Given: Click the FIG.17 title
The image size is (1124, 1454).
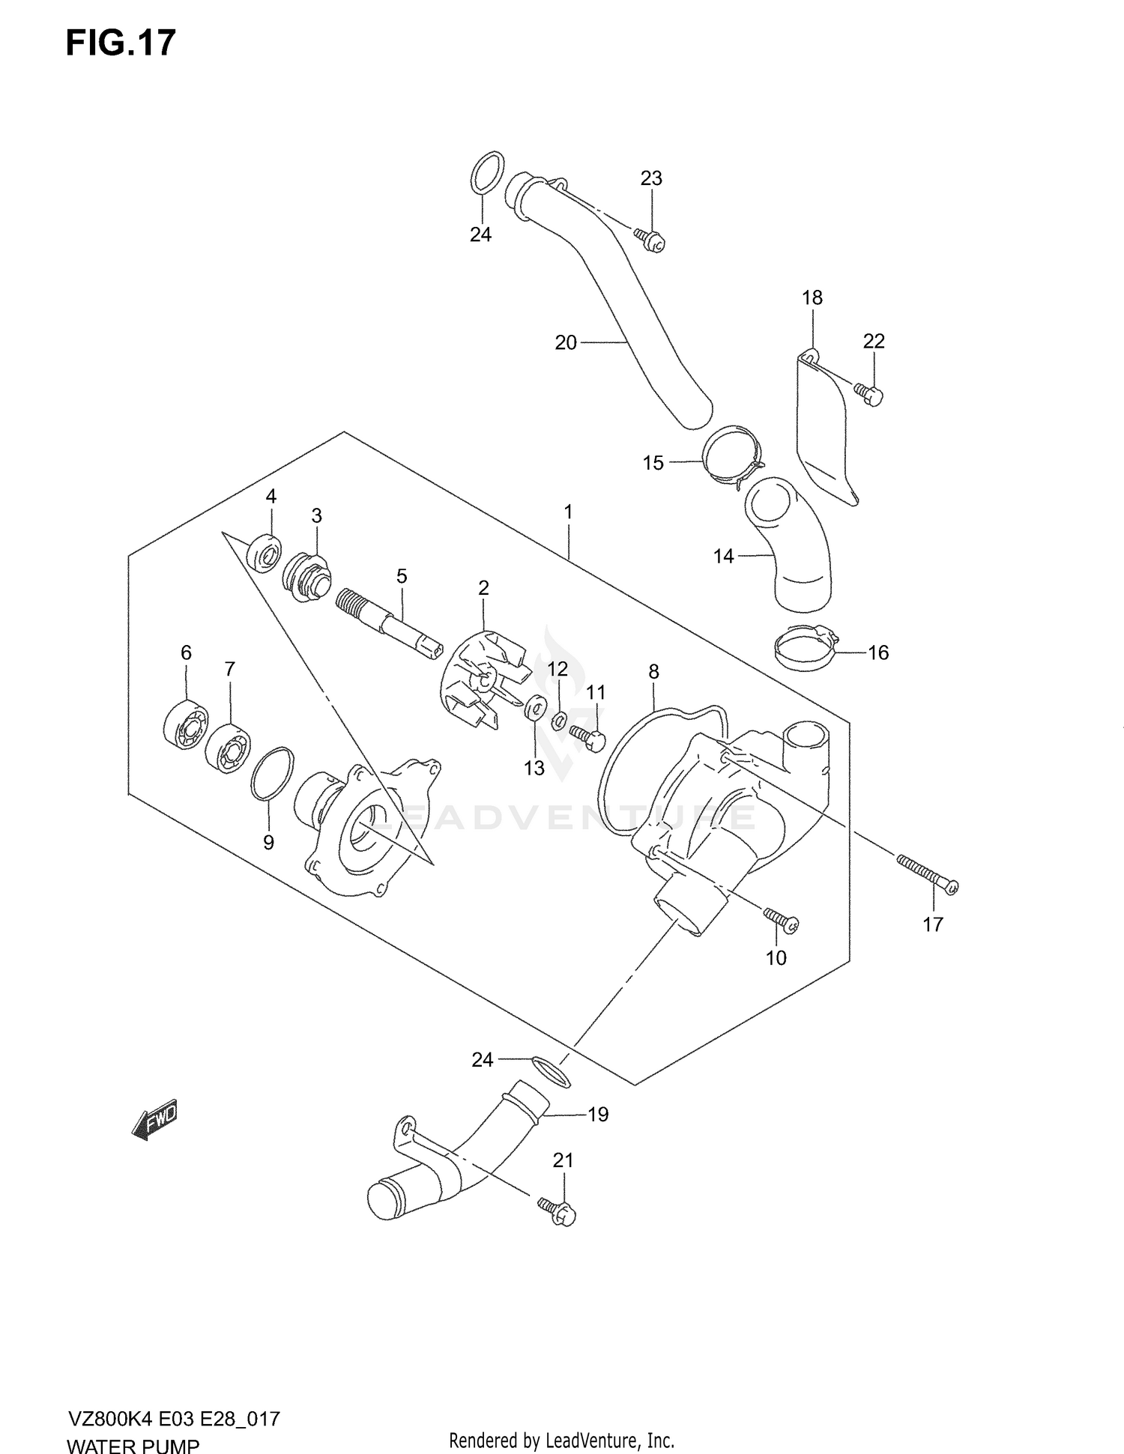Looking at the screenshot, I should (121, 43).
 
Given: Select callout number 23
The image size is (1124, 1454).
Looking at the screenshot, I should (651, 178).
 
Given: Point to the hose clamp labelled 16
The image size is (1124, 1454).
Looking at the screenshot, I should (806, 649).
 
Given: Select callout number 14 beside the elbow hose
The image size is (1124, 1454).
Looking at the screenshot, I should (723, 557).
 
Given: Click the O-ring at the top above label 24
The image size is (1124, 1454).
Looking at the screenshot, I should (487, 172).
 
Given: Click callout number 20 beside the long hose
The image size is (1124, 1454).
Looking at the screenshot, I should (566, 342).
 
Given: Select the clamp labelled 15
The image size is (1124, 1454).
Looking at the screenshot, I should (731, 455).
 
